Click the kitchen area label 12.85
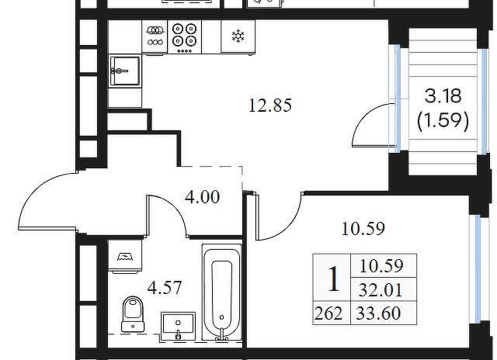coord(270,105)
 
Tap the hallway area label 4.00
coord(202,197)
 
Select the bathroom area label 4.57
coord(165,288)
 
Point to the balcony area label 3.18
coord(443,95)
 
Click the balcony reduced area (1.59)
coord(443,121)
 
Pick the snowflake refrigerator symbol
coord(238,36)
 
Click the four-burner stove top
coord(185,36)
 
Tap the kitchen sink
coord(124,71)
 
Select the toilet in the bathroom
coord(133,314)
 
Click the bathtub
coord(221,293)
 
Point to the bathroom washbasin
coord(178,327)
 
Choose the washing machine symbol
coord(125,257)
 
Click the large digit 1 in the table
coord(333,279)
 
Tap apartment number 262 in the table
coord(328,313)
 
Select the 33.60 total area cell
coord(378,313)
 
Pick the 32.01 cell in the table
coord(381,289)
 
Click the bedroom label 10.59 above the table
coord(363,229)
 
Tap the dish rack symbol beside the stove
coord(155,36)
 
